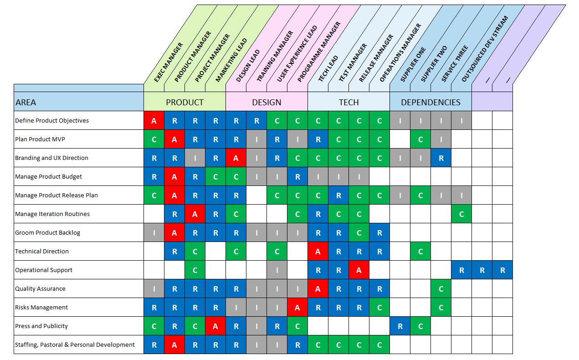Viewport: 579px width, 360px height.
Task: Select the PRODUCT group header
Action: (x=184, y=102)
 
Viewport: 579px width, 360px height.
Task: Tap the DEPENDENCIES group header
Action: (x=430, y=102)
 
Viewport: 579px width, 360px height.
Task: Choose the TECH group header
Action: (x=348, y=102)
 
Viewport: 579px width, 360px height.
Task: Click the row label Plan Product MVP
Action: (x=43, y=139)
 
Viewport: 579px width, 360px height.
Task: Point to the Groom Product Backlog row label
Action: (x=47, y=233)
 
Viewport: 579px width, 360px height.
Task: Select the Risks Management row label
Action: (x=41, y=308)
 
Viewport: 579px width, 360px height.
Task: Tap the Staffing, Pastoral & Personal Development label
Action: (x=75, y=345)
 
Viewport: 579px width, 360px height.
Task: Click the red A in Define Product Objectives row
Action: (x=154, y=121)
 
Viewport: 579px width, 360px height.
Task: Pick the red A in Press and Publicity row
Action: (x=215, y=326)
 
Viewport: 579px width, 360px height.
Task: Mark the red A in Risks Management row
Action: (x=297, y=308)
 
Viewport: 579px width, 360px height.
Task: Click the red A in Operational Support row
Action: (x=359, y=270)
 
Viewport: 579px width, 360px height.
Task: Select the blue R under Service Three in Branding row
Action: (x=441, y=158)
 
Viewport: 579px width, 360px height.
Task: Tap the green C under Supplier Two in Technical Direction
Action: (x=420, y=252)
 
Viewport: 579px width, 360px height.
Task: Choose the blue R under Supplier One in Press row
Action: (x=400, y=326)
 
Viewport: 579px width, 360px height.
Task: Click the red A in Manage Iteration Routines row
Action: (x=195, y=214)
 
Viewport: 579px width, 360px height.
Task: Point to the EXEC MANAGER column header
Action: (x=169, y=62)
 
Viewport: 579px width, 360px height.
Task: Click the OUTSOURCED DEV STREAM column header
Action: (x=485, y=49)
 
